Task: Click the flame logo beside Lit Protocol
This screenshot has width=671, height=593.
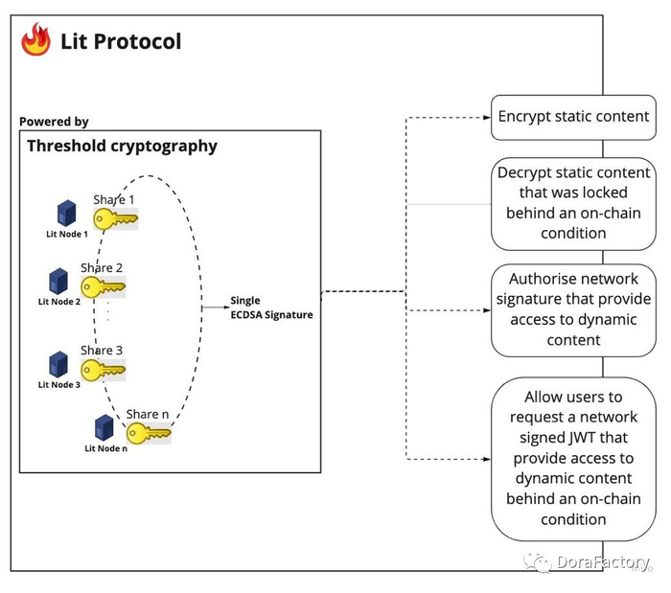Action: (x=36, y=40)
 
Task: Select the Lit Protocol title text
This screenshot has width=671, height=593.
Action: (x=120, y=41)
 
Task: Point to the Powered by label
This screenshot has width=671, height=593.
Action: (x=54, y=122)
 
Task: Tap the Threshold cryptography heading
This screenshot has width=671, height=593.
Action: (x=122, y=147)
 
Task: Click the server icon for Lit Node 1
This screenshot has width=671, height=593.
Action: (x=66, y=214)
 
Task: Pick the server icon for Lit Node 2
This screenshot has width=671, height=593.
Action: (x=58, y=282)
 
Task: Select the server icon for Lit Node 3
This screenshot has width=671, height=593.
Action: (x=58, y=364)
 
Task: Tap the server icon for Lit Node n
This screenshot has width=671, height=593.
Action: (x=104, y=427)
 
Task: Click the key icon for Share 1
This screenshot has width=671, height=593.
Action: (x=115, y=218)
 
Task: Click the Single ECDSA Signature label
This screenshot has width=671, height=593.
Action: (x=271, y=308)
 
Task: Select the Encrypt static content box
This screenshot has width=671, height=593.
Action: (x=573, y=117)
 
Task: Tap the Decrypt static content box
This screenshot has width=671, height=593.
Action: (x=573, y=202)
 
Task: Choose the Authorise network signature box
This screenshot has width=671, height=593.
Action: (x=573, y=308)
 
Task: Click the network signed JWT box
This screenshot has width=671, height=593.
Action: (x=573, y=458)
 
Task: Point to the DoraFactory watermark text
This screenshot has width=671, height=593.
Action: (x=604, y=562)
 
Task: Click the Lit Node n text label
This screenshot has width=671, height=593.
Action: (x=105, y=448)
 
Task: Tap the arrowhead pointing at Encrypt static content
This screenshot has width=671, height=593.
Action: (x=485, y=118)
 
